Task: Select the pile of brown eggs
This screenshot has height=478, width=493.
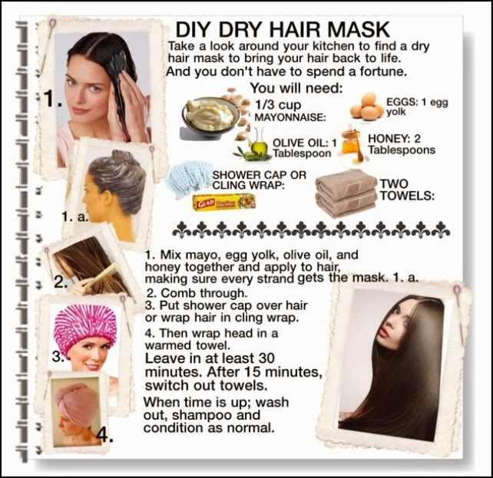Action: pos(366,106)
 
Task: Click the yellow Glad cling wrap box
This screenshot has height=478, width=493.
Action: pos(224,202)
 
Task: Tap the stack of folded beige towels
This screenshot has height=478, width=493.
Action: pos(346,192)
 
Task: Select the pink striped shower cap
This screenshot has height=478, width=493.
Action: pos(85,328)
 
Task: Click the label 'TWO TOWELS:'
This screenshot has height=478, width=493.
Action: pos(407,190)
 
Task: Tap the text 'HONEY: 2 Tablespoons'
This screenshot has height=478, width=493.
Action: pos(402,143)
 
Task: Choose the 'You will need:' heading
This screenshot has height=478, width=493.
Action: pos(296,88)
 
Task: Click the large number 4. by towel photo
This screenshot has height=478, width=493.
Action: pos(104,434)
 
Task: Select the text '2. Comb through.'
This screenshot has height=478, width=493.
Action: pos(197,293)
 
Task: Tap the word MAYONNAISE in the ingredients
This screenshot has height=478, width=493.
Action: pos(290,117)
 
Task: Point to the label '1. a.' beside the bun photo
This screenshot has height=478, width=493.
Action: pos(75,216)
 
